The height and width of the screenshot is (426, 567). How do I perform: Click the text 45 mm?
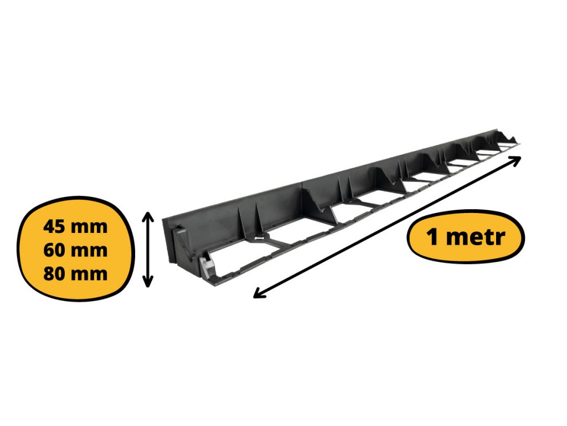point(75,227)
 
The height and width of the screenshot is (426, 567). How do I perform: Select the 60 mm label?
point(75,250)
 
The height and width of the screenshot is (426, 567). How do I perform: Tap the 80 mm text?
point(75,273)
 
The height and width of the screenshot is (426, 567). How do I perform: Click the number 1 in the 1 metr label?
point(432,237)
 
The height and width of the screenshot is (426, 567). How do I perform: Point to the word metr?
point(476,237)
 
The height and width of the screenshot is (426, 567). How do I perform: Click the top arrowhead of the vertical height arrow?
point(147,217)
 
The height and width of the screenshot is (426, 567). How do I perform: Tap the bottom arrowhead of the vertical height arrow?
point(147,282)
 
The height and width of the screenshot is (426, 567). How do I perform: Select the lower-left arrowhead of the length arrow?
point(260,294)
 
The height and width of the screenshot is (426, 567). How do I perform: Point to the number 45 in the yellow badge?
point(55,227)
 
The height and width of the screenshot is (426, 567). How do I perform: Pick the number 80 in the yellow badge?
point(55,273)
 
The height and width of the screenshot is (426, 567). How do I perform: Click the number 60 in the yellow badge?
point(55,250)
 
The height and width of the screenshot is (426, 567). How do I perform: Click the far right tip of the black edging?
point(520,144)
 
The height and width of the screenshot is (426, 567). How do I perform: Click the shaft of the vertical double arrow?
point(147,250)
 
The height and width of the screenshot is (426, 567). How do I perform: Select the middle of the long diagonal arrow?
point(387,227)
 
